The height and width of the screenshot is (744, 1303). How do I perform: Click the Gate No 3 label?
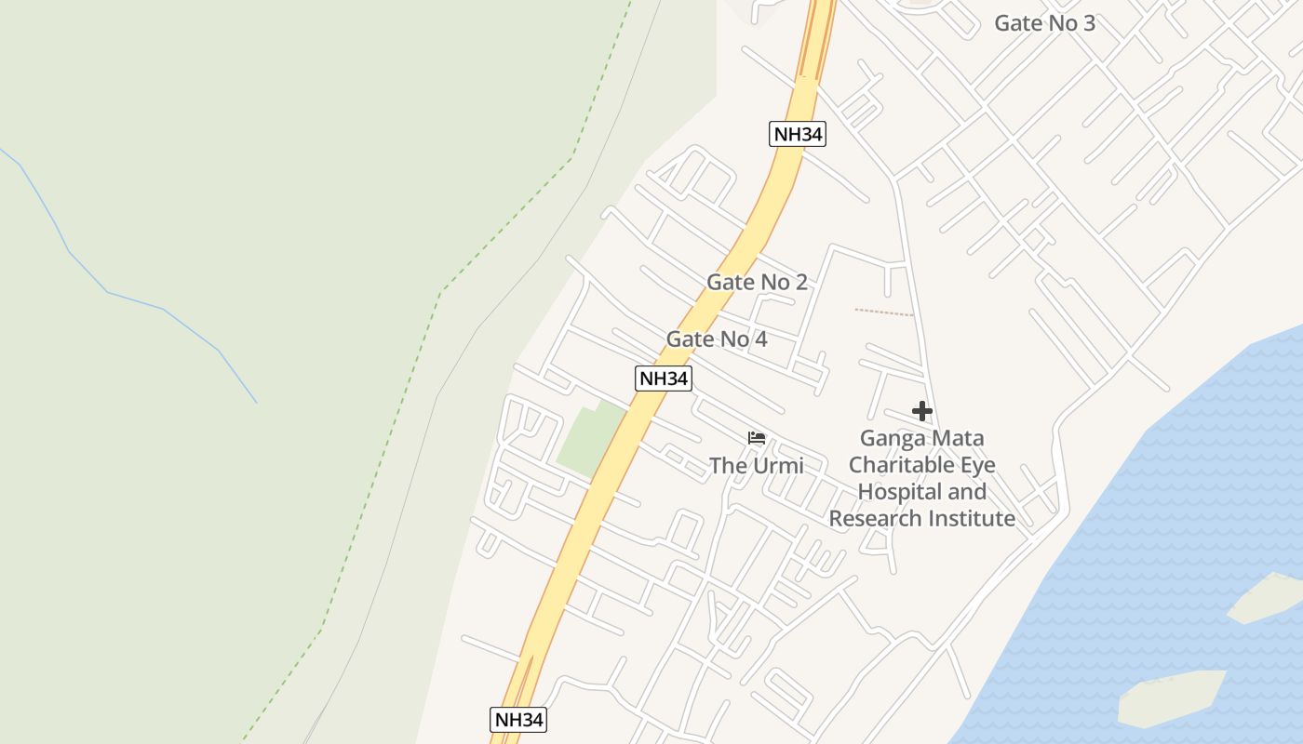tap(1044, 23)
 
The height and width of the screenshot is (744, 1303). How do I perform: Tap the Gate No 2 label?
tap(757, 282)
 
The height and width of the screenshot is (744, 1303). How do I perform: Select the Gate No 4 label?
tap(717, 339)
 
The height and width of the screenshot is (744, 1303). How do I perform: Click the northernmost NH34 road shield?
tap(799, 134)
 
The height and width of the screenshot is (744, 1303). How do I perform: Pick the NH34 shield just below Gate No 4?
tap(664, 379)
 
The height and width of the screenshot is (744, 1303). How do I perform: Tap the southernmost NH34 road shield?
tap(517, 719)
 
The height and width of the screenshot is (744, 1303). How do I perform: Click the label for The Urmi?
tap(756, 465)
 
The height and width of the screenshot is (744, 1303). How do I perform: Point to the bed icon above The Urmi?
tap(757, 438)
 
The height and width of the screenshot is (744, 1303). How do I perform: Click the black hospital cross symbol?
tap(921, 411)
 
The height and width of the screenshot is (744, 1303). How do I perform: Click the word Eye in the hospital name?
tap(975, 465)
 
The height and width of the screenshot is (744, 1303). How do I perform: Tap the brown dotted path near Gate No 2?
tap(883, 312)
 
